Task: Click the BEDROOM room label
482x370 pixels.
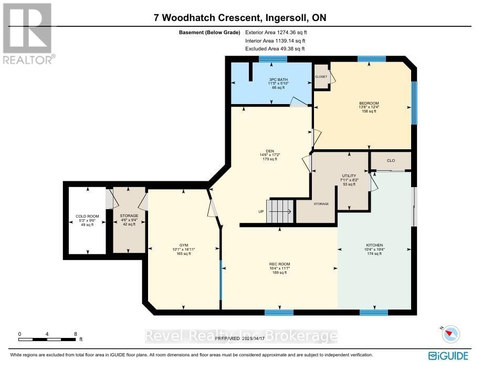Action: (x=369, y=103)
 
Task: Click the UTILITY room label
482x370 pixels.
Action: (x=349, y=176)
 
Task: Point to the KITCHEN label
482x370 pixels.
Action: (x=374, y=245)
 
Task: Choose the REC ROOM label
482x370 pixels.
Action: (x=279, y=264)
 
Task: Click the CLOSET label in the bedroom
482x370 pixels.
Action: (x=321, y=77)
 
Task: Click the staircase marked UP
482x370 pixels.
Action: (x=280, y=211)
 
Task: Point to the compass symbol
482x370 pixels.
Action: (x=450, y=334)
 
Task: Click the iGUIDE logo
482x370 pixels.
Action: (x=448, y=356)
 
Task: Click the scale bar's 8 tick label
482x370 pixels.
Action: (x=76, y=334)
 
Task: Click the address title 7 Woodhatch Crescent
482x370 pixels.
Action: (x=240, y=17)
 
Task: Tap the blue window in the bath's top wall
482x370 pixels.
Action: (x=273, y=59)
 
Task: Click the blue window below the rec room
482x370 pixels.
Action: (x=279, y=313)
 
